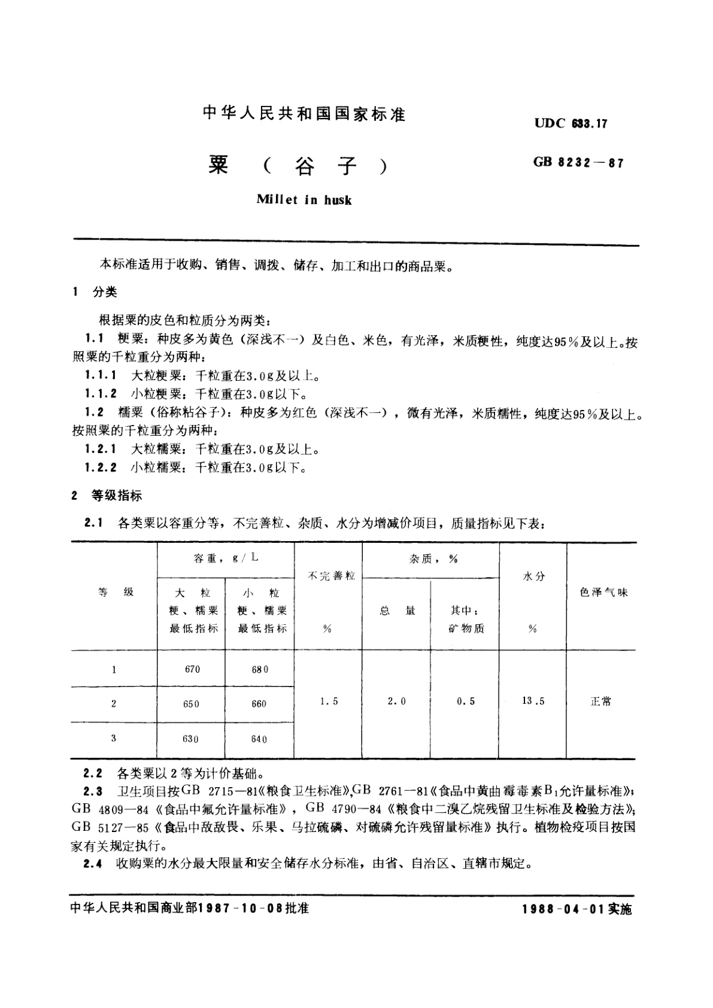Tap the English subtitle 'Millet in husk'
coord(304,200)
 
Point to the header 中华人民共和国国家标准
coord(304,113)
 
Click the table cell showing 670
coord(192,669)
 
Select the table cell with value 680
coord(260,669)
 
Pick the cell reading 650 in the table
coord(191,704)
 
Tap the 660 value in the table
coord(259,704)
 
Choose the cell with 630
coord(190,739)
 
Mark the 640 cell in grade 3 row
coord(259,739)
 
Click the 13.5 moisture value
coord(533,701)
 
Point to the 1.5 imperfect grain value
coord(329,702)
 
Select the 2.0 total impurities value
coord(396,702)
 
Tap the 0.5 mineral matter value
coord(465,702)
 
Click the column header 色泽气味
coord(603,593)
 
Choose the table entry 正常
coord(601,702)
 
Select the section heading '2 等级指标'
coord(107,496)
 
